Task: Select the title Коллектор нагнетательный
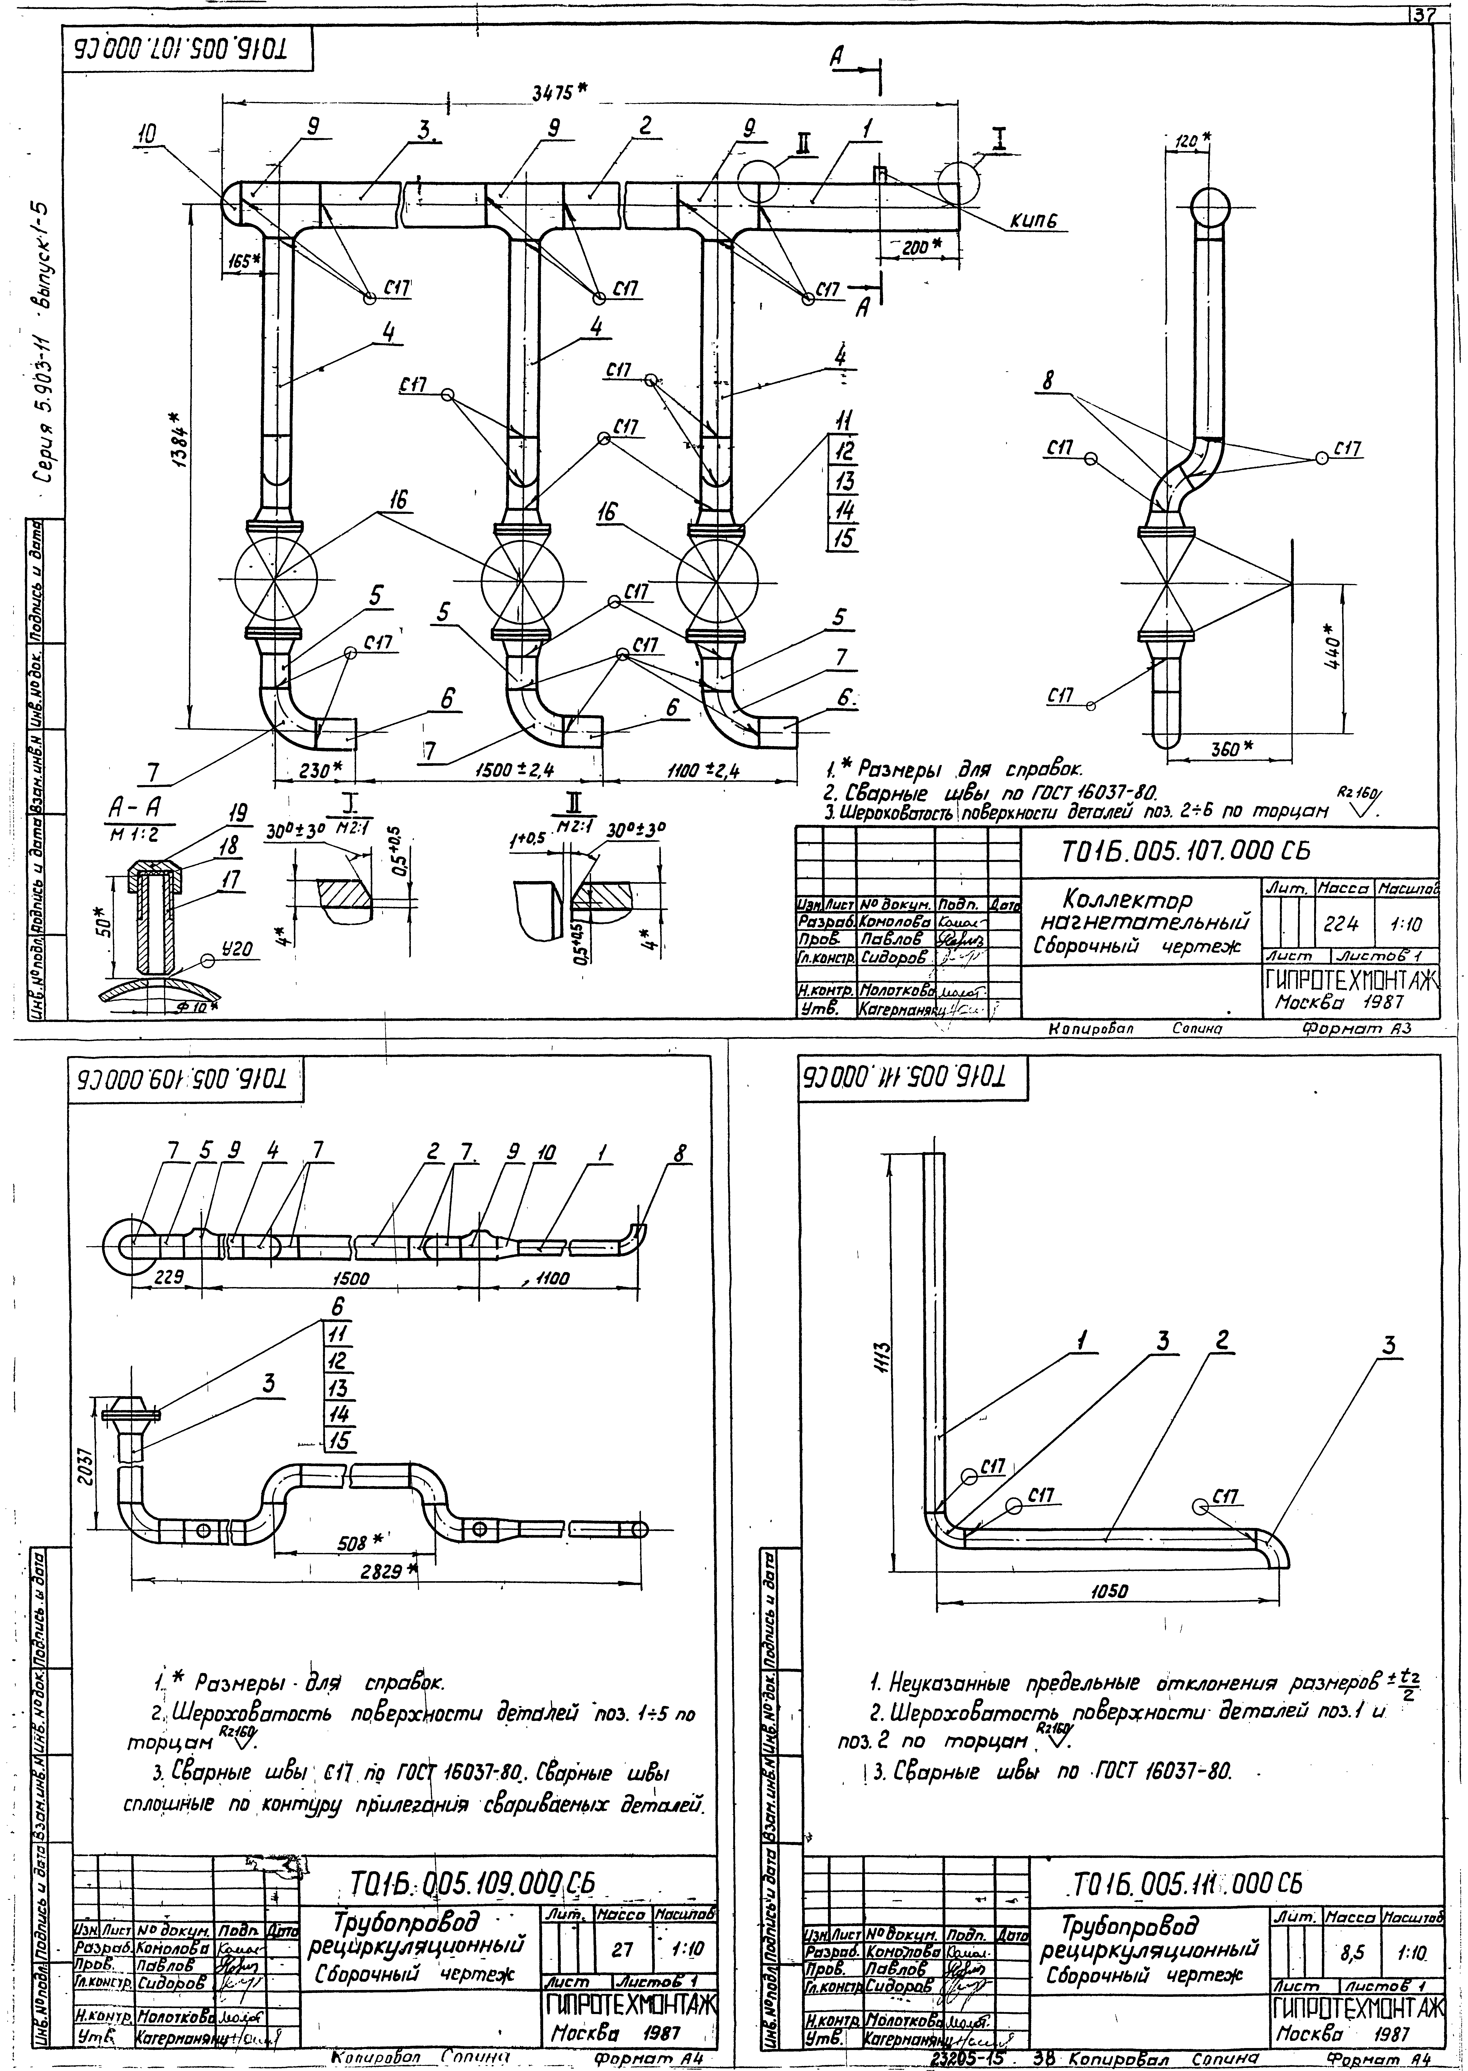(1149, 912)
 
